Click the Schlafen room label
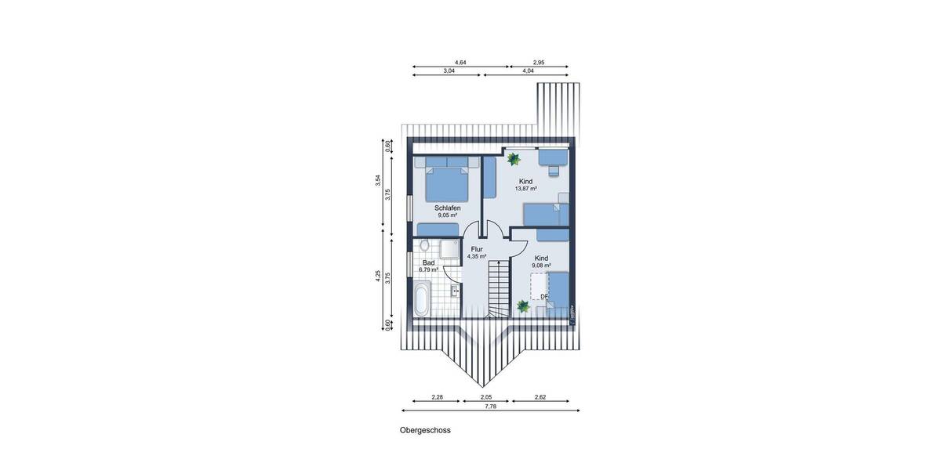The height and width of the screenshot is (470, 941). (448, 208)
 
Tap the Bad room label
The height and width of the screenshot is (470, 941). (428, 262)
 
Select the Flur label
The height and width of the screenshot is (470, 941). (477, 249)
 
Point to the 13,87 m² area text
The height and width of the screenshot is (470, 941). (525, 189)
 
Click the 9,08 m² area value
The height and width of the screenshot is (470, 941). (541, 266)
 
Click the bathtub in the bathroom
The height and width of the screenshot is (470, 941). (421, 300)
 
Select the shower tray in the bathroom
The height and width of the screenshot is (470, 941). (449, 249)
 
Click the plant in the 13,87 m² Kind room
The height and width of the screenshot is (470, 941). (514, 160)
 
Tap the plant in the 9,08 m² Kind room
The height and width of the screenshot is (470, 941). (523, 307)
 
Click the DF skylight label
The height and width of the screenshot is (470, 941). (543, 296)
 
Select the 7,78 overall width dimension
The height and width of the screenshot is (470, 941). (490, 407)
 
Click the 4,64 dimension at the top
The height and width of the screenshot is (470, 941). (460, 62)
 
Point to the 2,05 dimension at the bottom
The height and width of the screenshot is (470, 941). (486, 397)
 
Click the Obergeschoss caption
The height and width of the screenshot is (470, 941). (425, 430)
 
